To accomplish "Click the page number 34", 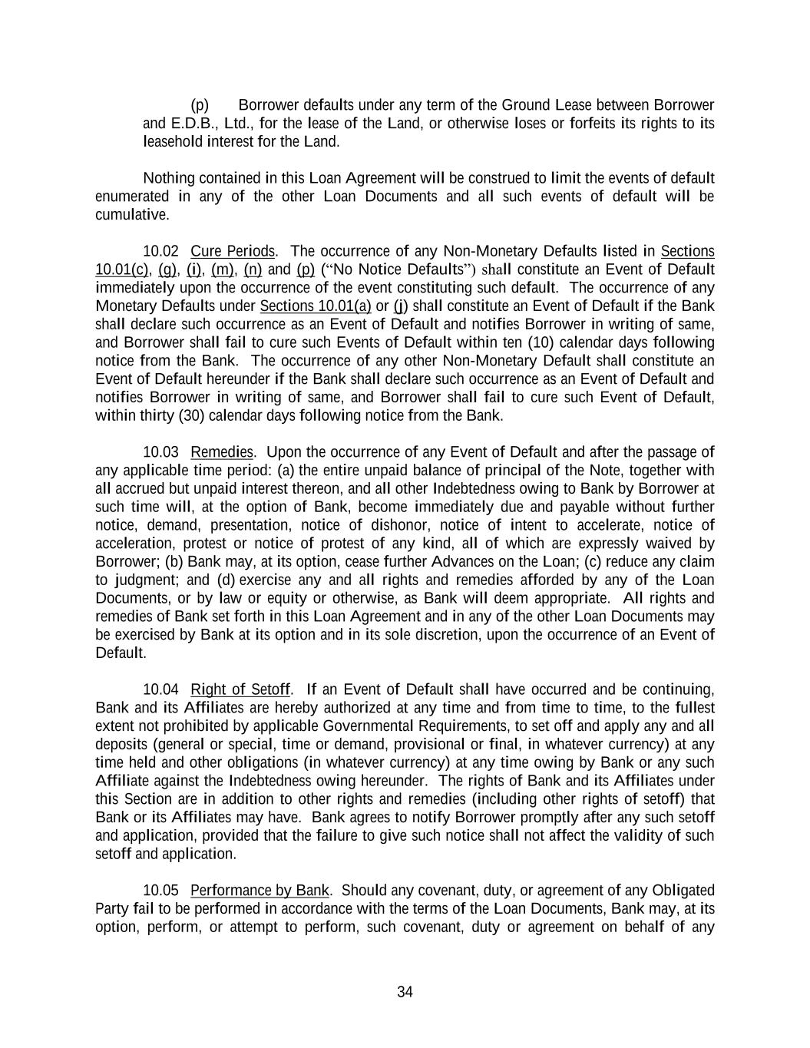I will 405,992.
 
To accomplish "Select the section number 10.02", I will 160,251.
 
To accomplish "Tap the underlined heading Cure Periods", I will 233,251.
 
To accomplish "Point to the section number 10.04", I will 160,689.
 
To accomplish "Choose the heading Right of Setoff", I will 241,689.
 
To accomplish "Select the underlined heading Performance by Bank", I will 260,891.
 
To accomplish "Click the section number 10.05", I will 160,891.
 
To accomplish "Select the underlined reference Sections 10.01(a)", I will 316,306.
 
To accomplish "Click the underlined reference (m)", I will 223,269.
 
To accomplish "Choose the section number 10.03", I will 160,452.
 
